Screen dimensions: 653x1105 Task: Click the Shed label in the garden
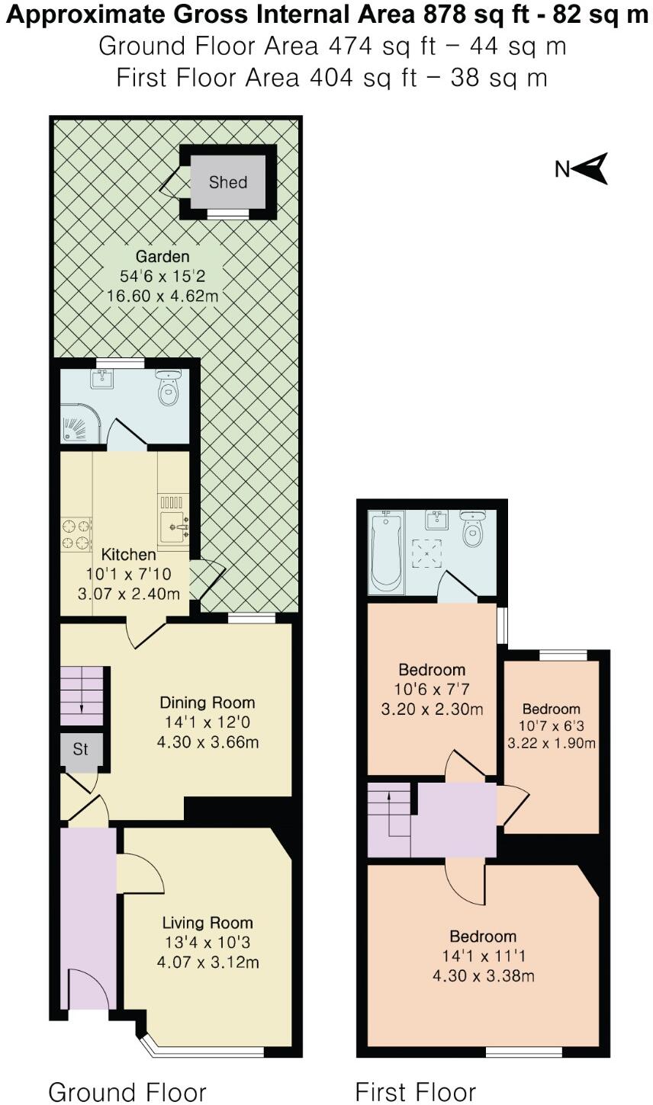coord(227,183)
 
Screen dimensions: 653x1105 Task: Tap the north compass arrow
coord(591,168)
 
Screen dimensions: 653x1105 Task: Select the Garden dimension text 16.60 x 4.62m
coord(162,296)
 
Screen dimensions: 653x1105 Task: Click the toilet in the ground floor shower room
coord(169,388)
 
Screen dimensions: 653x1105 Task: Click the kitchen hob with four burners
coord(76,534)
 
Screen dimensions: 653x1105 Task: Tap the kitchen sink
coord(173,527)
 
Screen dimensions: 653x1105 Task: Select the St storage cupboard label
coord(81,749)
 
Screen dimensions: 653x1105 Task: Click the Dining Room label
coord(207,703)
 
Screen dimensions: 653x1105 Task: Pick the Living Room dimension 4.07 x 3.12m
coord(207,962)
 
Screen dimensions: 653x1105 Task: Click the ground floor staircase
coord(82,696)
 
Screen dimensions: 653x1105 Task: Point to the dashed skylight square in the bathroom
coord(426,553)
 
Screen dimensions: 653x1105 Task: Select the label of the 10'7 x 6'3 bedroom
coord(552,709)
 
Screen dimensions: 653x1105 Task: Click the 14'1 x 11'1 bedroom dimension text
coord(483,956)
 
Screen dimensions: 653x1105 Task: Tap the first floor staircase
coord(390,819)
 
